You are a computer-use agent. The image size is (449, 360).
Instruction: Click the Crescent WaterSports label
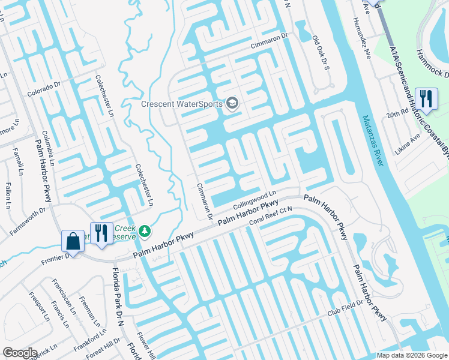(x=181, y=104)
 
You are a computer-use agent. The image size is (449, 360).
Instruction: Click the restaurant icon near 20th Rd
(x=426, y=98)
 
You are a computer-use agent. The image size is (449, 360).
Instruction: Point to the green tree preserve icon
(x=144, y=230)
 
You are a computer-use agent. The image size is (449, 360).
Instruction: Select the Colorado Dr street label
(x=44, y=89)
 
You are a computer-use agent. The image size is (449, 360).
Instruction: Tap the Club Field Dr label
(x=345, y=308)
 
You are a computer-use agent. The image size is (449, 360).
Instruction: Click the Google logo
(x=20, y=353)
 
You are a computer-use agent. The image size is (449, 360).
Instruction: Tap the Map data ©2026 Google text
(x=412, y=355)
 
